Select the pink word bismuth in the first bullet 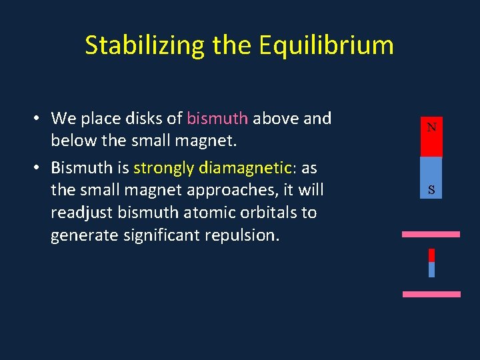click(x=217, y=119)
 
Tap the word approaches click(x=223, y=190)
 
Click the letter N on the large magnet click(x=431, y=127)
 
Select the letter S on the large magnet click(x=431, y=190)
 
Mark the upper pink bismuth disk click(x=431, y=235)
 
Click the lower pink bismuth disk click(x=431, y=294)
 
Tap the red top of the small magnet click(x=431, y=255)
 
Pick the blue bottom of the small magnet click(x=431, y=269)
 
